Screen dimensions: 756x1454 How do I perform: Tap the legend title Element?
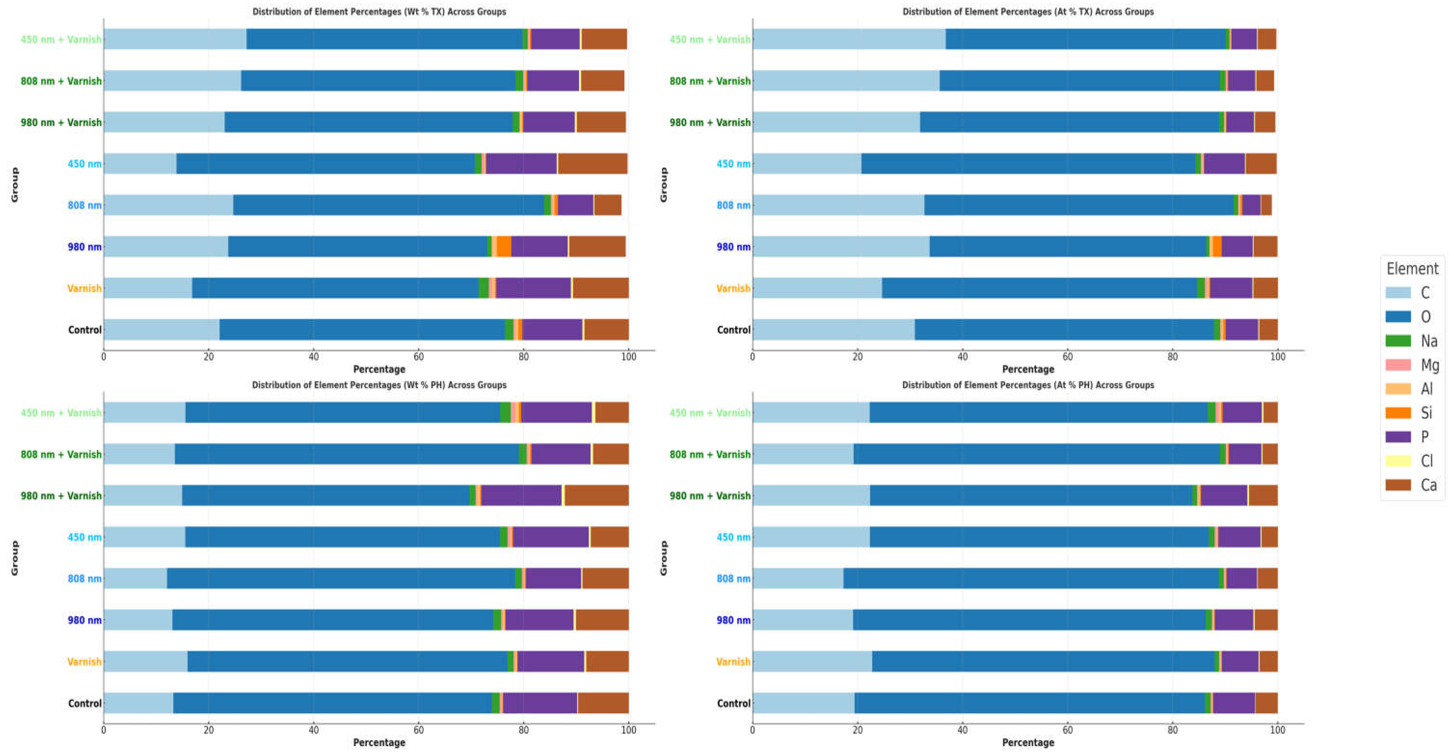click(1412, 269)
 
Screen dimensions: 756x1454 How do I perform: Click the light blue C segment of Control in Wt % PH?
click(138, 703)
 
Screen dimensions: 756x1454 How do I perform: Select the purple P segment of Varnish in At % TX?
click(1230, 288)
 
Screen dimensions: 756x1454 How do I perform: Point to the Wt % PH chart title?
click(379, 385)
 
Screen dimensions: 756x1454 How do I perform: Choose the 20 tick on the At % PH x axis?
click(857, 730)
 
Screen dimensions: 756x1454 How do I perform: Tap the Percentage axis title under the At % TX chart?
click(1028, 369)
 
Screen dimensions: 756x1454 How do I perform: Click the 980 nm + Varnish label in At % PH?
click(709, 496)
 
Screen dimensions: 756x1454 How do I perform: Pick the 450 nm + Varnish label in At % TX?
click(709, 40)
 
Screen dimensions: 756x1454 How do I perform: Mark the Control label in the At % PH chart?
click(733, 703)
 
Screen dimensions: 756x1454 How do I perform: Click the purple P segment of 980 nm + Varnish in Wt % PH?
click(521, 495)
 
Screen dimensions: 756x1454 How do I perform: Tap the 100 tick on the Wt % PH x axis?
click(628, 730)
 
